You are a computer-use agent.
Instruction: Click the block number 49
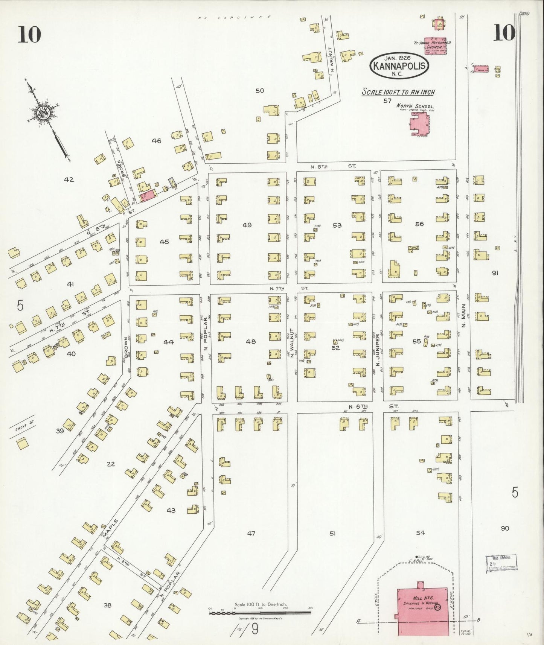click(x=247, y=225)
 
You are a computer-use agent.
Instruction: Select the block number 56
click(x=419, y=224)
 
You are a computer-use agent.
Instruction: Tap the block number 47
click(x=251, y=533)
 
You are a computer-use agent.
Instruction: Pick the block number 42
click(x=69, y=180)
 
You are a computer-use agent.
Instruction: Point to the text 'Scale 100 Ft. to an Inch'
click(x=398, y=92)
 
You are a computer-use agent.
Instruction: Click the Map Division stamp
click(x=501, y=563)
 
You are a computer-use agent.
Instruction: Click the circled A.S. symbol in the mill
click(x=437, y=607)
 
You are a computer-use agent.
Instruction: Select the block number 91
click(x=494, y=273)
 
